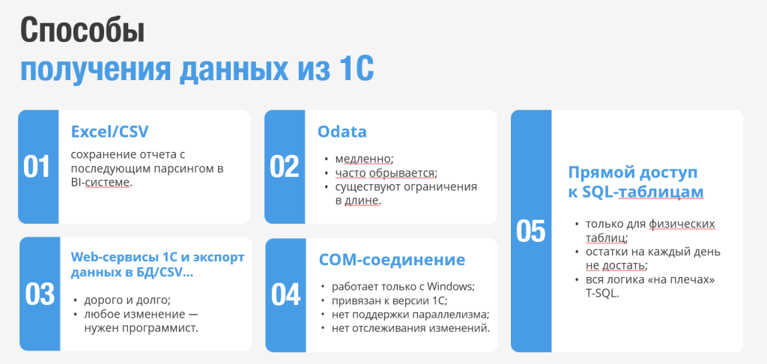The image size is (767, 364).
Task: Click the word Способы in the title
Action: (82, 31)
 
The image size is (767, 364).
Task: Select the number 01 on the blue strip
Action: (37, 167)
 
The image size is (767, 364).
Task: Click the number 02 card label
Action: (284, 167)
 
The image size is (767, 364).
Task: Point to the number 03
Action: (40, 294)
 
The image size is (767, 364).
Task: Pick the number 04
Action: (285, 295)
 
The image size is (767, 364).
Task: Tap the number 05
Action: (531, 231)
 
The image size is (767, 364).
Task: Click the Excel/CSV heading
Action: (109, 132)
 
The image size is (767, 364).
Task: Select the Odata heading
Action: (342, 132)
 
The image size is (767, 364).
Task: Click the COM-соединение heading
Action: (392, 260)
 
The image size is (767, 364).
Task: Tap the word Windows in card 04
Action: (450, 286)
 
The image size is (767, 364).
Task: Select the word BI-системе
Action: (102, 183)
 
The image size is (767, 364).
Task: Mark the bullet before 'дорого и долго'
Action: (75, 300)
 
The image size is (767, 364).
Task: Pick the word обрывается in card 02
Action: (402, 173)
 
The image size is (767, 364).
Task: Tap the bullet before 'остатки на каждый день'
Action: (577, 252)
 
